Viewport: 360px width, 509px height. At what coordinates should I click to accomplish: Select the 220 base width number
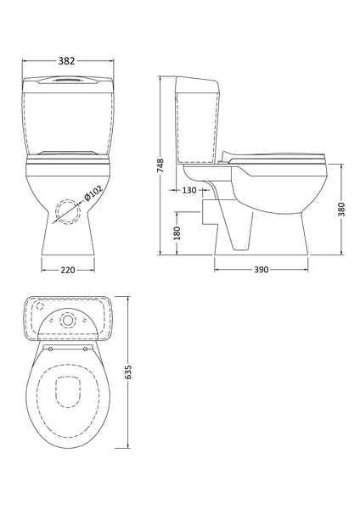click(x=67, y=271)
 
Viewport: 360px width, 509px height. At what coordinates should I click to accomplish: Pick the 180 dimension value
click(x=175, y=232)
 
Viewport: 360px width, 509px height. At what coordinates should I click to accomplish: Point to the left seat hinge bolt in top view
click(x=51, y=347)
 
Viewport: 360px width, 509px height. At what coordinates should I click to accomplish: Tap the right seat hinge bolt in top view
click(x=85, y=347)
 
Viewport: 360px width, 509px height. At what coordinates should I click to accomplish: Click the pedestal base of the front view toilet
click(x=67, y=242)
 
